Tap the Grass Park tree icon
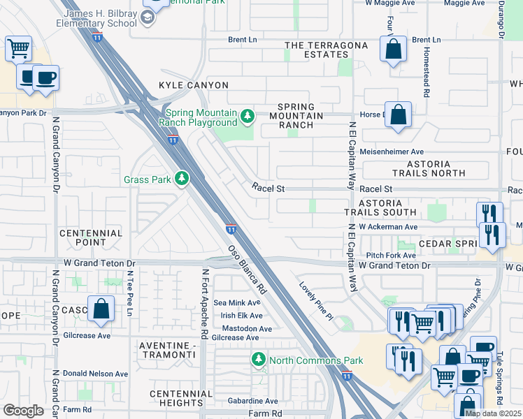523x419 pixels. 182,179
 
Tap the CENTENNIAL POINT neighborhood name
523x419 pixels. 91,237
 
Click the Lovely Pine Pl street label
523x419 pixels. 315,300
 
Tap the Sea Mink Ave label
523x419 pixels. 236,303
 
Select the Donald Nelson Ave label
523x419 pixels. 96,374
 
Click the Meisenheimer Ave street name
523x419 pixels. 392,152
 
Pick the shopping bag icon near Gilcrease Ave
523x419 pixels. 101,308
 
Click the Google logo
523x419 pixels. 23,411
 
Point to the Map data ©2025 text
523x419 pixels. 492,413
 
